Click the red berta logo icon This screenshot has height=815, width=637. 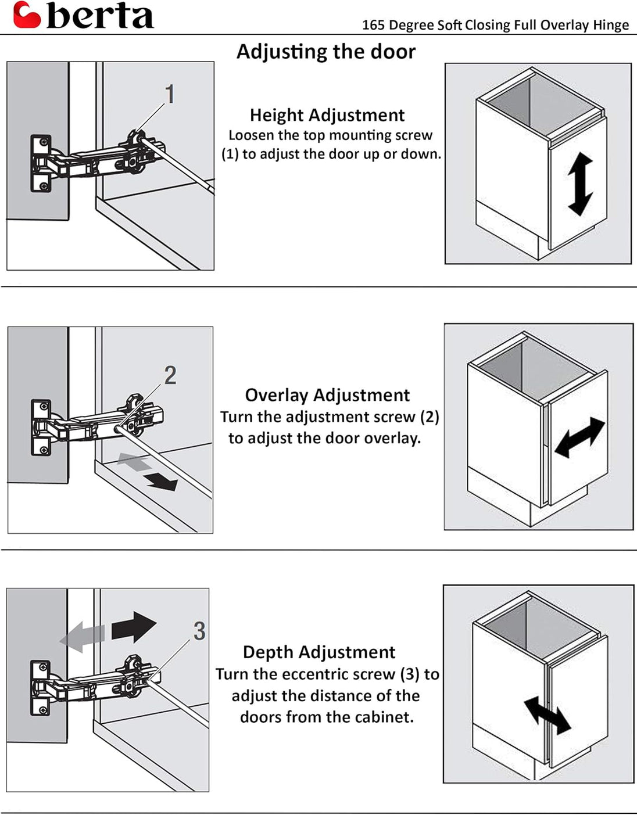tap(27, 15)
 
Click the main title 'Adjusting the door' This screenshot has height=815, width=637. tap(325, 52)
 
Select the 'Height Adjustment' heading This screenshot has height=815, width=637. tap(327, 115)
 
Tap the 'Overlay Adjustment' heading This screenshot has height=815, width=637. tap(327, 395)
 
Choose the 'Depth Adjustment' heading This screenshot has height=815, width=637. tap(319, 652)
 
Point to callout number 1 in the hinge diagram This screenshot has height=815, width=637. tap(169, 94)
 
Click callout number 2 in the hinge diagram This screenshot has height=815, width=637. tap(170, 375)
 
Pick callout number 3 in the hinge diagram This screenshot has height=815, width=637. tap(199, 631)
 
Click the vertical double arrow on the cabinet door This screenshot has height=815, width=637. tap(580, 185)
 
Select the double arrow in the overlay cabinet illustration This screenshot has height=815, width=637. tap(579, 437)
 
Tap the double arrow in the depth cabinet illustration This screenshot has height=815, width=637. tap(547, 716)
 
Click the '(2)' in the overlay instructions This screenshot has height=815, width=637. tap(429, 417)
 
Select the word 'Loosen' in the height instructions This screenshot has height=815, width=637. tap(250, 135)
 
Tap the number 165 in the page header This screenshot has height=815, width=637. tap(373, 25)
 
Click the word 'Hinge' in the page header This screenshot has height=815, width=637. tap(611, 25)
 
